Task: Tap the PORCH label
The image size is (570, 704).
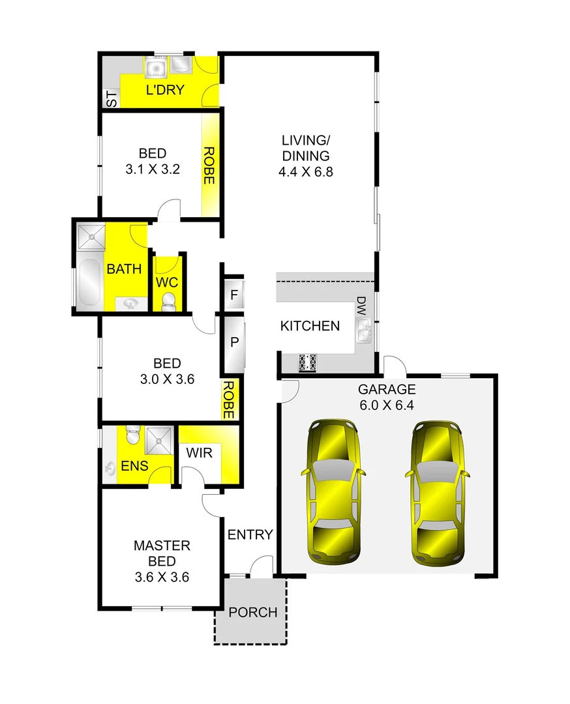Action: pos(252,613)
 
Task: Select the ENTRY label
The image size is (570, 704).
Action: pos(250,535)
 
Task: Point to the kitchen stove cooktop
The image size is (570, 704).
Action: pos(307,363)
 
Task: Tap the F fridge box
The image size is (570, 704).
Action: pos(233,295)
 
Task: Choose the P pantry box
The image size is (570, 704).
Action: pos(233,343)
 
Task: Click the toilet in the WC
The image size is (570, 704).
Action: pos(168,301)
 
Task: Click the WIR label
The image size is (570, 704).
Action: pos(200,452)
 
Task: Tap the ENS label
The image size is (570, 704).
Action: pos(134,466)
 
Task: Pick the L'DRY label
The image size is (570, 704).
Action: pos(165,90)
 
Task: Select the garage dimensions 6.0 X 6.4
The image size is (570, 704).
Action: pos(387,405)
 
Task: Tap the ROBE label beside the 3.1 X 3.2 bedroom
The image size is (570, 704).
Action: pos(209,166)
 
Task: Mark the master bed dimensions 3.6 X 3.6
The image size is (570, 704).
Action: pos(162,576)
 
